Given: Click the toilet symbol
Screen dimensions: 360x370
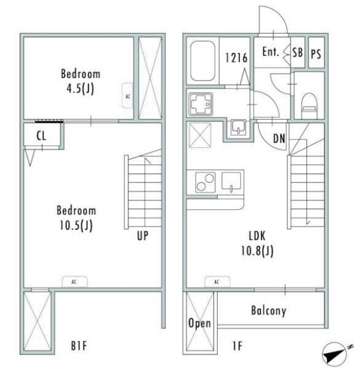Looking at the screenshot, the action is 309,106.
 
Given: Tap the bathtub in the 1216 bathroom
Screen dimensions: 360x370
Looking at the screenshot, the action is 203,61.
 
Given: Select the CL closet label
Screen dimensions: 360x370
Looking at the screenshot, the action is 41,136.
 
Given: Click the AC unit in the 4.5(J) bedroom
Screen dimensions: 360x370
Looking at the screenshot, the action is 127,95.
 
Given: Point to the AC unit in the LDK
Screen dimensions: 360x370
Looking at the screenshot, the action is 217,282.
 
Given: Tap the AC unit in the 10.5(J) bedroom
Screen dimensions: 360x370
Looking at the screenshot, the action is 74,282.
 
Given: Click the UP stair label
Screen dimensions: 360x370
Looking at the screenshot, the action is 143,236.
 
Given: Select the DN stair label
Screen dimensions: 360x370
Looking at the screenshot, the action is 279,139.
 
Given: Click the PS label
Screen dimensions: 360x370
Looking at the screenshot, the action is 316,54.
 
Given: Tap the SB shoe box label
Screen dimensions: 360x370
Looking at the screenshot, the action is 297,52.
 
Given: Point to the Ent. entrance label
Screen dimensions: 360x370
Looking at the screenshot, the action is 270,51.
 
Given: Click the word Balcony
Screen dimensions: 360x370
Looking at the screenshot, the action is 269,311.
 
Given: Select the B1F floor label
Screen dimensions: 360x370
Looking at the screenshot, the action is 79,346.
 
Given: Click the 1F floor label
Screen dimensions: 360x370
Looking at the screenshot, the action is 237,346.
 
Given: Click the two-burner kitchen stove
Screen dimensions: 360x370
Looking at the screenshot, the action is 205,182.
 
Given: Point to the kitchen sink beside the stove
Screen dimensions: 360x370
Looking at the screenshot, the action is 231,182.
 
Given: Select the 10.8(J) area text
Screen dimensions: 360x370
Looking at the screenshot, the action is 257,250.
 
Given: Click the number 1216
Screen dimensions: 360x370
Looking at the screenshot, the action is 236,58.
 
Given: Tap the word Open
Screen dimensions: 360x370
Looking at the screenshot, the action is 200,323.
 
